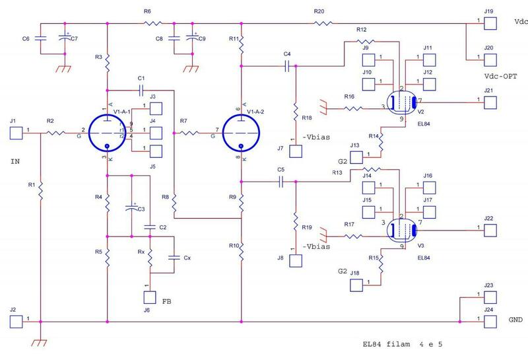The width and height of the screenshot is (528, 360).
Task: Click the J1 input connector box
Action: [x=16, y=133]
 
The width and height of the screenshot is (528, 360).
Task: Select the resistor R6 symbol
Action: [x=153, y=23]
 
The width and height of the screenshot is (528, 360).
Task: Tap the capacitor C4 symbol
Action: [x=286, y=66]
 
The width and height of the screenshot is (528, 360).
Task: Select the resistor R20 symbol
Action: [x=323, y=23]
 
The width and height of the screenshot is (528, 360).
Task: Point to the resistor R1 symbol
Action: [x=40, y=192]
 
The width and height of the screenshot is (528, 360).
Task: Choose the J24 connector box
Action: [x=488, y=321]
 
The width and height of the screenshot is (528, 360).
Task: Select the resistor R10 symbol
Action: [x=241, y=251]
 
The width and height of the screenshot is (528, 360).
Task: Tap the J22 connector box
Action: [x=488, y=229]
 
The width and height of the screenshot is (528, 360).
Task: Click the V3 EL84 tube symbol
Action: [x=401, y=229]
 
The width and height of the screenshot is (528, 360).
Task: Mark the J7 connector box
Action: [x=295, y=151]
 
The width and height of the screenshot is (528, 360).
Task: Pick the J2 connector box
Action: [x=16, y=321]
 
